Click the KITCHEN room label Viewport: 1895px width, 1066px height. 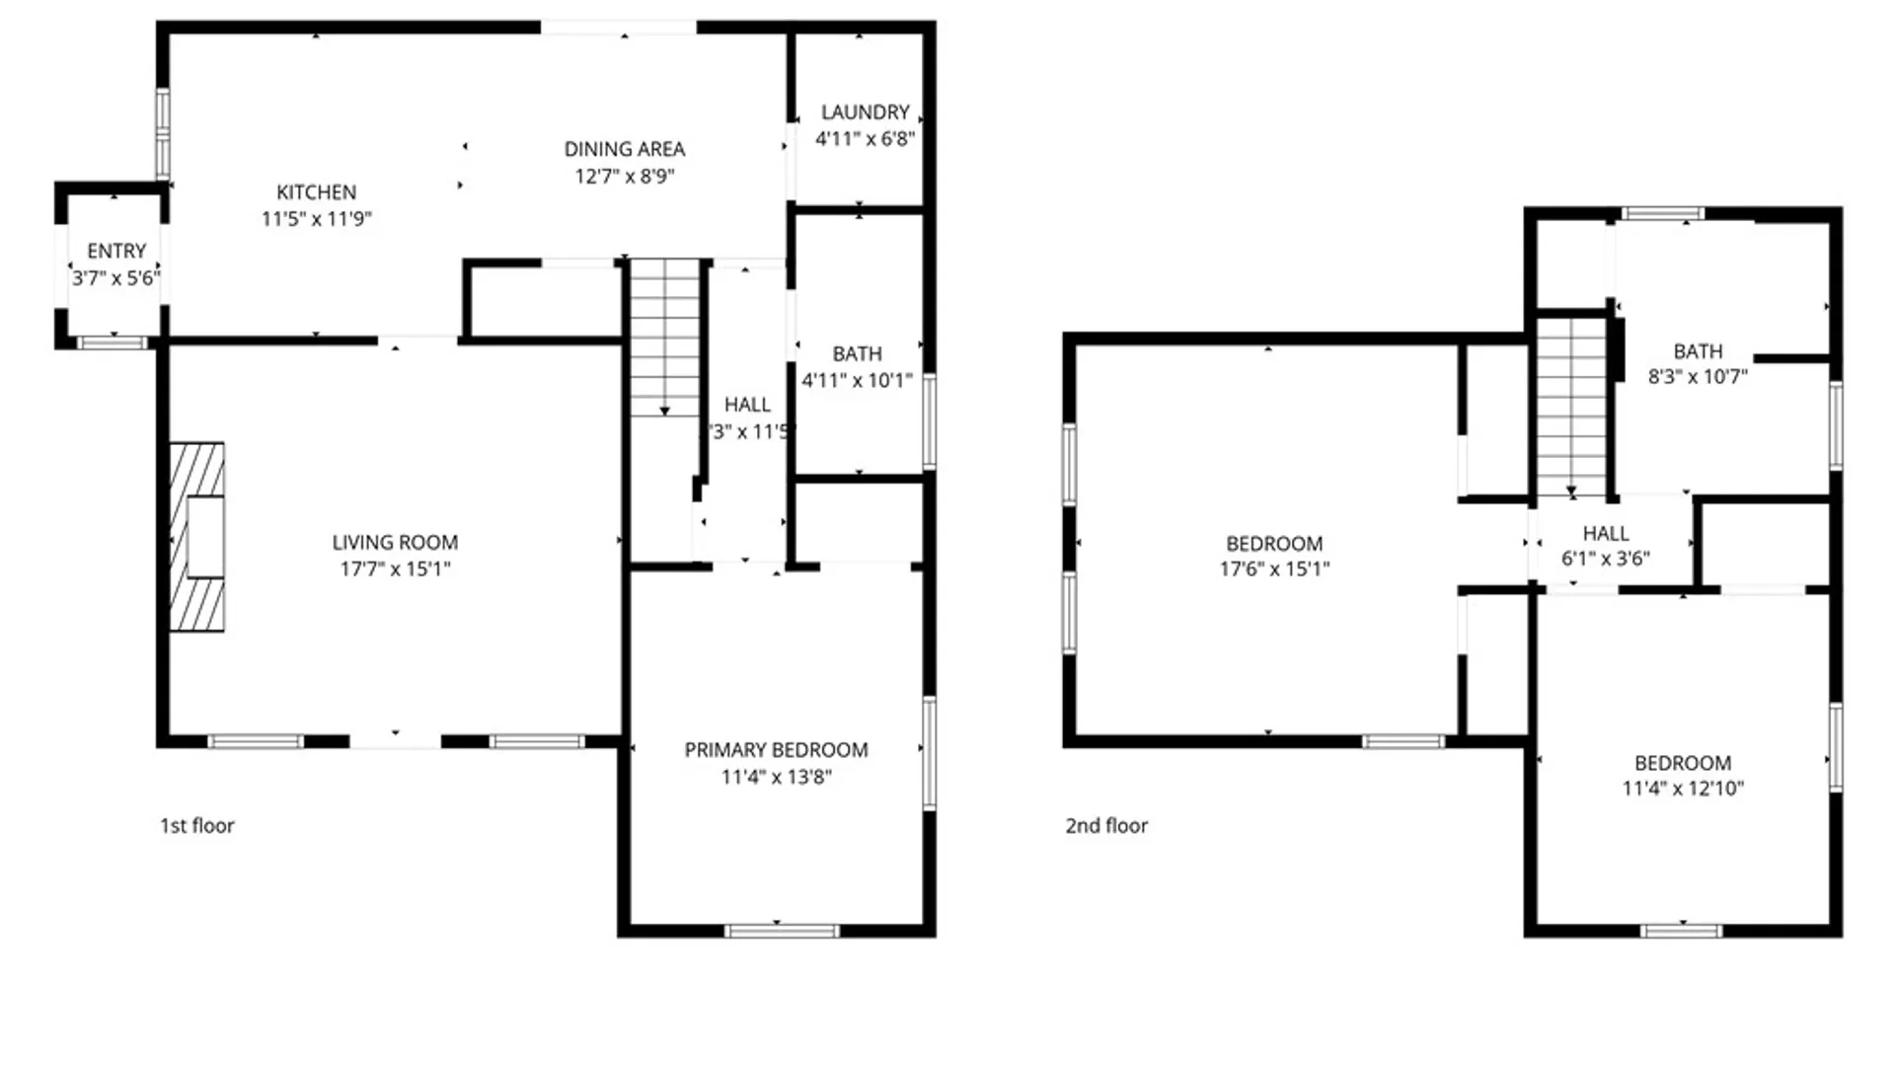pos(316,192)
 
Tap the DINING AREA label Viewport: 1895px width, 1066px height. pos(624,149)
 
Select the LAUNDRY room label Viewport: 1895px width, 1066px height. pos(865,113)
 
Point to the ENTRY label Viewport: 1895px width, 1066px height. pos(116,252)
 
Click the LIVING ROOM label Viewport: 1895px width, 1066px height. pos(395,542)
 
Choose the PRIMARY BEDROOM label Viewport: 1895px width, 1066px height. pos(776,750)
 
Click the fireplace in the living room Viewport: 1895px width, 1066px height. pos(197,537)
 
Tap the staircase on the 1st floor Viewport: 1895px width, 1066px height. pos(664,336)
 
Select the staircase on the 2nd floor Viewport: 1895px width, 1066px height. pos(1571,405)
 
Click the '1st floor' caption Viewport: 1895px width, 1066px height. pos(197,825)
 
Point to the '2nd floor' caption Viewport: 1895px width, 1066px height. pos(1106,825)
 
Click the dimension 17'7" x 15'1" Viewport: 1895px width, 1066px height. pos(395,569)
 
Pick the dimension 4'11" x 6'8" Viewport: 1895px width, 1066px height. pos(865,139)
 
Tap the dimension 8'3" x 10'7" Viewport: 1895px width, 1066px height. pos(1698,377)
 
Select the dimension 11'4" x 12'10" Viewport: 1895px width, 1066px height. pos(1683,789)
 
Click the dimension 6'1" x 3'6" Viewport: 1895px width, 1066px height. pos(1605,559)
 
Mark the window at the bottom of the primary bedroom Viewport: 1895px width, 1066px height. pos(782,931)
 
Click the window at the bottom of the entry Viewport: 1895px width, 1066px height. pos(113,343)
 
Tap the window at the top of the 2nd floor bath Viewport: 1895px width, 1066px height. pos(1663,213)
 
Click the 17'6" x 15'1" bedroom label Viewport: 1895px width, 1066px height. pos(1274,544)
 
